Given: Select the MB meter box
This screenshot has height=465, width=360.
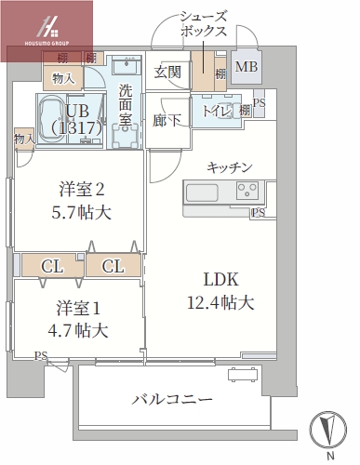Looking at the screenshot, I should tap(247, 67).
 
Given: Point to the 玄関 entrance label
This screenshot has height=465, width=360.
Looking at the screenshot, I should tap(167, 72).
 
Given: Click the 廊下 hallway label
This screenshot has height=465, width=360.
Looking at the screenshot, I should tap(167, 119).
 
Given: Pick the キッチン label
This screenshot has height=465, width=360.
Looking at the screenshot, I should tap(230, 166).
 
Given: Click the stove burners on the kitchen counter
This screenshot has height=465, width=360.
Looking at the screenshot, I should tap(247, 193).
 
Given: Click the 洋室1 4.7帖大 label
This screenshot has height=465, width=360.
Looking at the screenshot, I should tap(77, 318).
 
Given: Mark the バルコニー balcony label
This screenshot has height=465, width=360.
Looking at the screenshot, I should tap(171, 399).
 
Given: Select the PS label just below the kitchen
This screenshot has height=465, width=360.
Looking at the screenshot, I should tap(258, 213).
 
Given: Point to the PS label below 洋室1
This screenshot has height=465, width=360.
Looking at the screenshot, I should tap(40, 355).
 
